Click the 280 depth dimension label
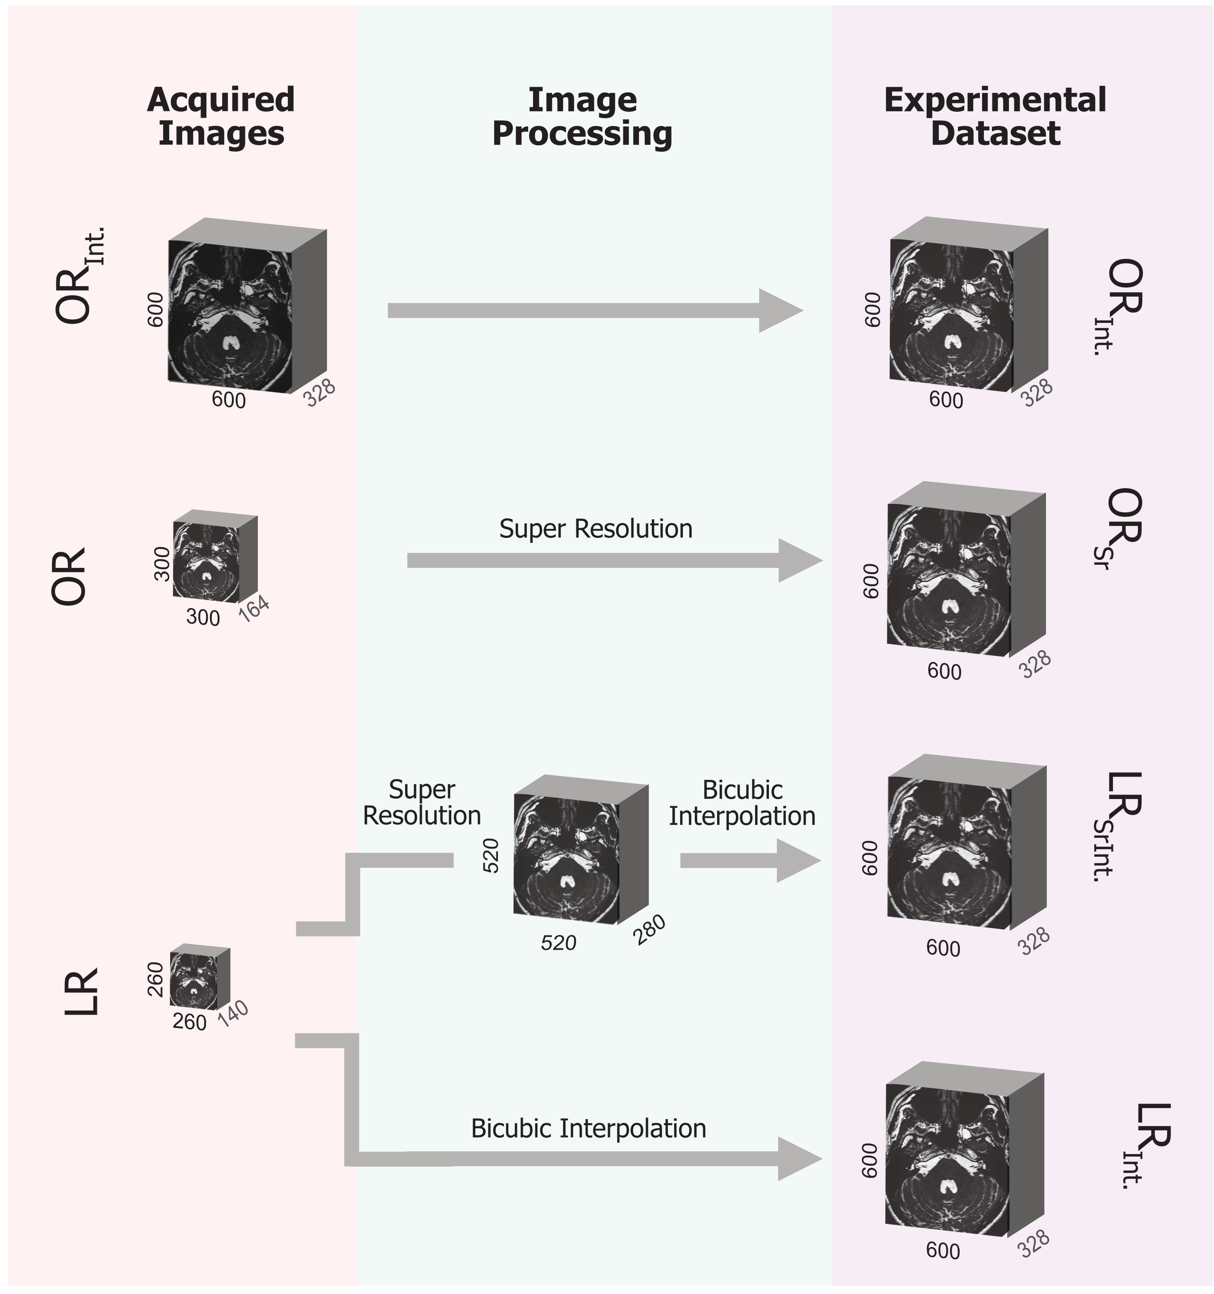[x=649, y=930]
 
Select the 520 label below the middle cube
[x=558, y=942]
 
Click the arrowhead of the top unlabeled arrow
[x=779, y=310]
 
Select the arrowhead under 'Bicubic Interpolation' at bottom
[x=799, y=1159]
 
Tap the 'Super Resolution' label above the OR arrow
[x=595, y=529]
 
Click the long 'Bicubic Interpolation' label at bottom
[x=588, y=1128]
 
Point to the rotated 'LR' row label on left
[x=82, y=991]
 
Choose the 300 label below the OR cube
[x=202, y=617]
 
